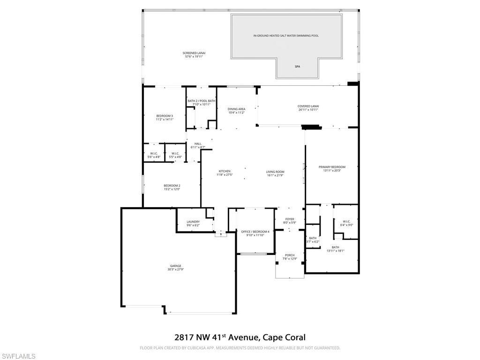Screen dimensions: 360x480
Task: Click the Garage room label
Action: (175, 266)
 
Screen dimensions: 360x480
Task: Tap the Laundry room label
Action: (193, 222)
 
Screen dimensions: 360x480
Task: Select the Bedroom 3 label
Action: (165, 116)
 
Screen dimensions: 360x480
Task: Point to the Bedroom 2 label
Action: (172, 186)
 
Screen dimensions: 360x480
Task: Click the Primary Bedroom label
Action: (332, 167)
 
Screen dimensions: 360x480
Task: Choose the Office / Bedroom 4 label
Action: (255, 232)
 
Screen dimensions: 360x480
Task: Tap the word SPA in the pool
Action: (297, 67)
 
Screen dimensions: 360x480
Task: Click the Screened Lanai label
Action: (194, 53)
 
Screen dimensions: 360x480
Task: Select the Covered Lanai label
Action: (308, 106)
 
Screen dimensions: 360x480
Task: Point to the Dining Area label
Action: (237, 109)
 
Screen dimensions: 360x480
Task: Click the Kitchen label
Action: (225, 171)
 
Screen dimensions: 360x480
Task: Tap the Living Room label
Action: (276, 172)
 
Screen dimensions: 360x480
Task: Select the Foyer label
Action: (290, 219)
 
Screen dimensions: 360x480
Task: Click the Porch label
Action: (290, 255)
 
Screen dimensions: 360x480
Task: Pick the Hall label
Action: (198, 143)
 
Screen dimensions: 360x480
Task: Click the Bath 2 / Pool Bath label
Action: (202, 101)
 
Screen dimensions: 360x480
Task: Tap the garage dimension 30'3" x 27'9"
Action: (175, 270)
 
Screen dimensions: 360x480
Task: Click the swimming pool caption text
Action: (286, 36)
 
